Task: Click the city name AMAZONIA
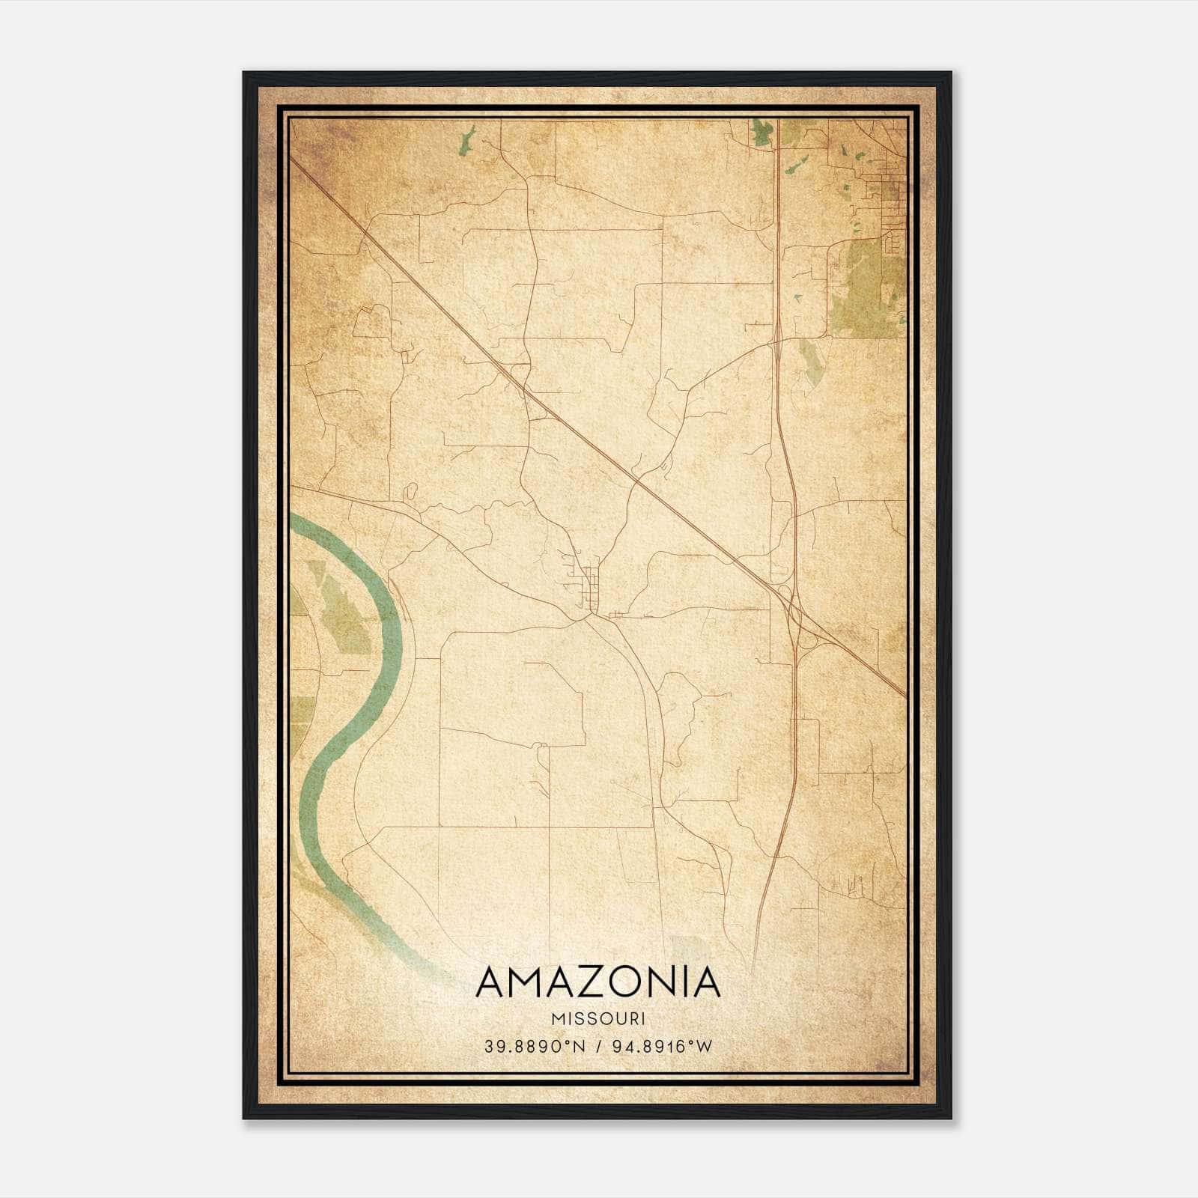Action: pyautogui.click(x=598, y=982)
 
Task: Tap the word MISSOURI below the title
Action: pyautogui.click(x=598, y=1019)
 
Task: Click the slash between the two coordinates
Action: pyautogui.click(x=597, y=1047)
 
